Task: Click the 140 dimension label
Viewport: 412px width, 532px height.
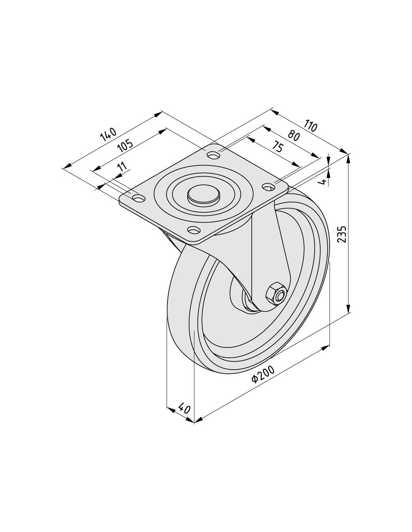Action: [108, 134]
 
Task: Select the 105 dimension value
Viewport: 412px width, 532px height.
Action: [125, 146]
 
